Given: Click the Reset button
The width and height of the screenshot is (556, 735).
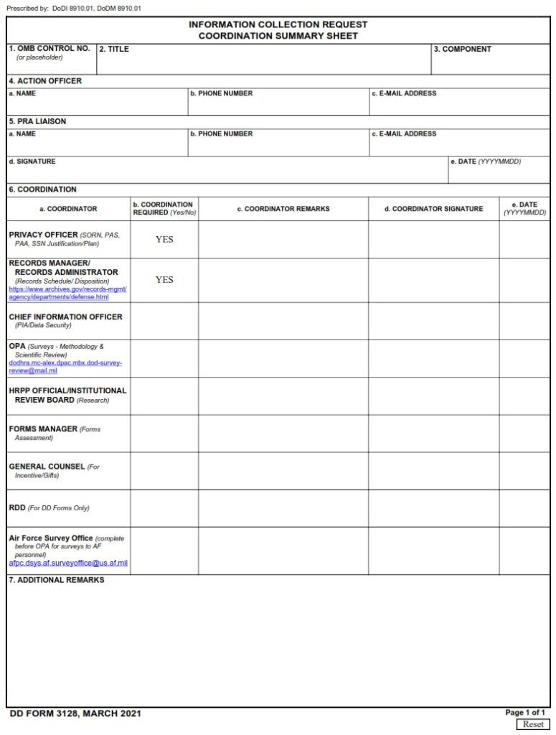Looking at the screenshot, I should (532, 724).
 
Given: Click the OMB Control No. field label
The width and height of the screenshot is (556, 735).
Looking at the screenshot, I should (50, 49).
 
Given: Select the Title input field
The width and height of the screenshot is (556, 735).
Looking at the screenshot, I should (263, 62).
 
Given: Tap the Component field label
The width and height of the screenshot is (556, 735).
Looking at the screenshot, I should (462, 50).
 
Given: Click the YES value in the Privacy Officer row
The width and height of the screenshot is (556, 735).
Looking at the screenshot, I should (164, 240).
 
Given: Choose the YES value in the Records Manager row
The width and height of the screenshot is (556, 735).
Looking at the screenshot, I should (164, 280).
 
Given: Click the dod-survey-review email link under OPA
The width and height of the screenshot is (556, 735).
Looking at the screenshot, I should (65, 367).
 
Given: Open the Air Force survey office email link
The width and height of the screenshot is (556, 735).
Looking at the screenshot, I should (68, 563).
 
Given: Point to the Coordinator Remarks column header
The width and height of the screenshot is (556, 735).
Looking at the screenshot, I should (283, 209).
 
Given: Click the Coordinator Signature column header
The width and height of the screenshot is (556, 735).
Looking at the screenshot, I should (433, 209).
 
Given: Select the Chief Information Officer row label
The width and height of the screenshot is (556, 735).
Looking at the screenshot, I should (65, 317).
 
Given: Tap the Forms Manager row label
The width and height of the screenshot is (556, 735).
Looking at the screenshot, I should (43, 429).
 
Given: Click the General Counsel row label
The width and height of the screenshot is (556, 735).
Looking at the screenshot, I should (47, 467).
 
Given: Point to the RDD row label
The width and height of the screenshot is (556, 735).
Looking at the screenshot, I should (17, 507).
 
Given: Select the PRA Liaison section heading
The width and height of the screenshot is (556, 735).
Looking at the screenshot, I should (37, 121).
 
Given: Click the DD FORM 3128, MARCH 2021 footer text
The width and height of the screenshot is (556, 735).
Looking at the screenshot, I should (75, 713).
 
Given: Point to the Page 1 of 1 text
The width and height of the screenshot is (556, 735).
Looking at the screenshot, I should (525, 712).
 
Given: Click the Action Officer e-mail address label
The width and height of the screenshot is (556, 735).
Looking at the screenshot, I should (404, 93).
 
